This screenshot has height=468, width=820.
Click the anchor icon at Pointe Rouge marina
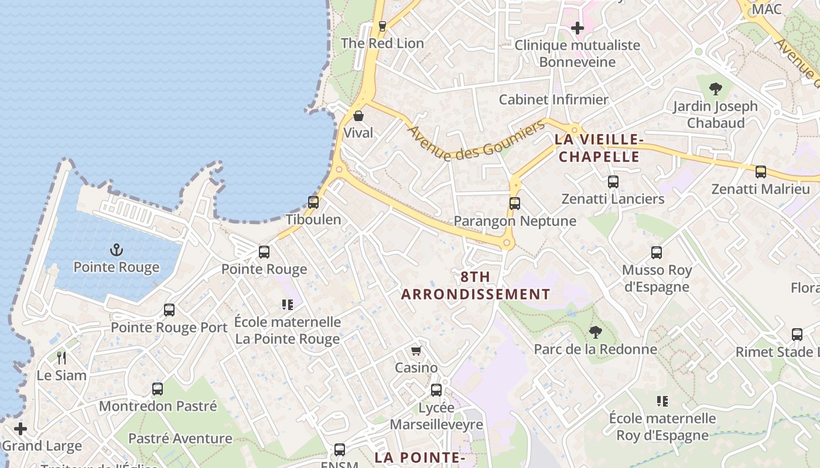click(117, 250)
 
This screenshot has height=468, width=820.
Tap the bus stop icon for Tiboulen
click(313, 202)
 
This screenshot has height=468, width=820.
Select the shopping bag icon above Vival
click(358, 116)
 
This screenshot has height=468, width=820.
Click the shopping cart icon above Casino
click(416, 350)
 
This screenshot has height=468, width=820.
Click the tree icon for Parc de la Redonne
click(595, 332)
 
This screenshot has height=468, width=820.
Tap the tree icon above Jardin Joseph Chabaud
click(715, 90)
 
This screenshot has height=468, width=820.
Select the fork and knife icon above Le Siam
click(61, 357)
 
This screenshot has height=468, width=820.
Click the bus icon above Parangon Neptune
click(514, 204)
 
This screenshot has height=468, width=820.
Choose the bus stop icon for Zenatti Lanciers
click(613, 182)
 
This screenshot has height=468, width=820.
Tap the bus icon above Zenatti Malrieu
click(760, 172)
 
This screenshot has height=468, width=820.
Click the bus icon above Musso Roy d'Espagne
click(657, 253)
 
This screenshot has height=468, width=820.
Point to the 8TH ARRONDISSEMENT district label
click(476, 285)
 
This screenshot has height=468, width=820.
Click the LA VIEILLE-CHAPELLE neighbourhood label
click(599, 148)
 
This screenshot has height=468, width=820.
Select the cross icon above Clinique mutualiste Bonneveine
click(578, 27)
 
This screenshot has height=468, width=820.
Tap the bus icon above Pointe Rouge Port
click(169, 310)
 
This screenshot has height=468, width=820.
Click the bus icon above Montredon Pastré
click(157, 388)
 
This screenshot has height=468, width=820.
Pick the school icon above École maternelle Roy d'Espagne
click(662, 401)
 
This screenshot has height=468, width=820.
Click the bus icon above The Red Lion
click(382, 26)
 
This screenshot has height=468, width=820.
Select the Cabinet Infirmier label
click(553, 99)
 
